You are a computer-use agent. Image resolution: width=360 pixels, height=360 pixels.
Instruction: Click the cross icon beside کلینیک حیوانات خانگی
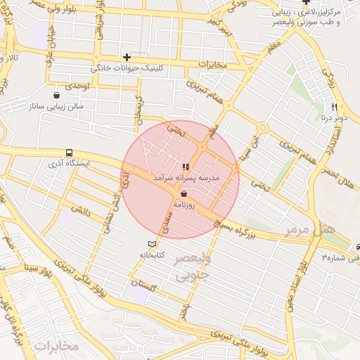coord(127,57)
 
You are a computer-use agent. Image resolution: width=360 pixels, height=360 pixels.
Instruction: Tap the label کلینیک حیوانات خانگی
coord(129,70)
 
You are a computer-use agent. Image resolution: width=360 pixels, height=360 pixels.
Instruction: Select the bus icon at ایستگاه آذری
coord(69,153)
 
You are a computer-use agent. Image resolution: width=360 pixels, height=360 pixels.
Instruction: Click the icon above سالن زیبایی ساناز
coord(56,95)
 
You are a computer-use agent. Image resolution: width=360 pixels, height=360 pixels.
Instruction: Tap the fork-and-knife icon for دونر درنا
coord(335,108)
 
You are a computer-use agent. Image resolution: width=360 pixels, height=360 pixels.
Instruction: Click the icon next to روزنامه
coord(184,193)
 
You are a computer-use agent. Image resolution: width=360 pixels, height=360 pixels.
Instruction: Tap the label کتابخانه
coord(152,255)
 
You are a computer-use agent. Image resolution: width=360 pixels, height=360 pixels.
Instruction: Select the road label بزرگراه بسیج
coord(259,225)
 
